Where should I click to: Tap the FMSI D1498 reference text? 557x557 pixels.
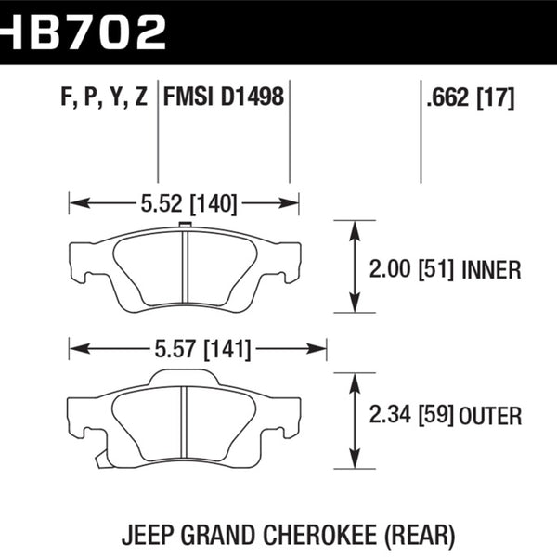point(224,97)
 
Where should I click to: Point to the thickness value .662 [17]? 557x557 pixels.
point(469,97)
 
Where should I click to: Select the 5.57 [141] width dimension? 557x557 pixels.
point(197,349)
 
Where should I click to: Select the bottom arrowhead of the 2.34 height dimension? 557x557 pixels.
point(354,459)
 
